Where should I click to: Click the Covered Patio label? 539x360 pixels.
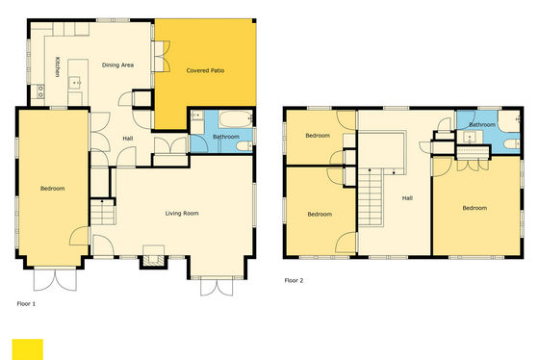(x=205, y=70)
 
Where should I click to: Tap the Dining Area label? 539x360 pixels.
(x=117, y=65)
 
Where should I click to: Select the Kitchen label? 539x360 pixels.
(x=58, y=66)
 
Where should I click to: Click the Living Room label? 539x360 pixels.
(x=182, y=213)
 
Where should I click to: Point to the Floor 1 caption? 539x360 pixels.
(x=26, y=303)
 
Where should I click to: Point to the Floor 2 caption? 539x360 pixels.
(x=294, y=280)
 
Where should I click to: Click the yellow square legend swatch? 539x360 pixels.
(x=28, y=349)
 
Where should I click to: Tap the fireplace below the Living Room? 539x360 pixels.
(x=153, y=260)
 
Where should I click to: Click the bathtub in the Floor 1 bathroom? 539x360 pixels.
(x=236, y=119)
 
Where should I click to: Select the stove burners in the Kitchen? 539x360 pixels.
(x=40, y=91)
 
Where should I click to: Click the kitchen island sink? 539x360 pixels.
(x=75, y=83)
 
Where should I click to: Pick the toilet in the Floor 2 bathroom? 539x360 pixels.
(x=513, y=143)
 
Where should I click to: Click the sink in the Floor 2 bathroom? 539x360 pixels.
(x=470, y=137)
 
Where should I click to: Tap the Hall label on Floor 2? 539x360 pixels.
(x=407, y=198)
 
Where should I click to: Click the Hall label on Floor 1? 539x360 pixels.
(x=128, y=139)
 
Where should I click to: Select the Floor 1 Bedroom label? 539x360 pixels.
(x=53, y=189)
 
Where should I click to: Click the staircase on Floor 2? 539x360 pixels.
(x=371, y=197)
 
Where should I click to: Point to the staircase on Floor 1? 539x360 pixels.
(x=102, y=212)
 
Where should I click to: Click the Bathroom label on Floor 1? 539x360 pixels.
(x=226, y=137)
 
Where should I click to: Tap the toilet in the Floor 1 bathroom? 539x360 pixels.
(x=244, y=146)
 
